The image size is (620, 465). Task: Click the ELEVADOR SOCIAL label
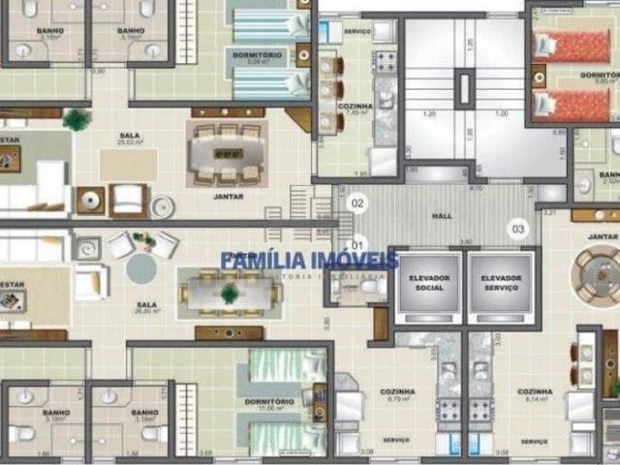click(428, 284)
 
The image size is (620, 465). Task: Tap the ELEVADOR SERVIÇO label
click(500, 284)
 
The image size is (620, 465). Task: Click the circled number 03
click(519, 230)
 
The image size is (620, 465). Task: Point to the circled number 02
click(357, 203)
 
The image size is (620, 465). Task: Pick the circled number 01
click(357, 242)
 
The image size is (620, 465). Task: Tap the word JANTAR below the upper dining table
click(229, 197)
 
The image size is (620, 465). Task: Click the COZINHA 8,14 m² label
click(535, 395)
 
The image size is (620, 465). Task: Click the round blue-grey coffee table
click(140, 267)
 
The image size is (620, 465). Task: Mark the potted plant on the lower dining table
click(231, 293)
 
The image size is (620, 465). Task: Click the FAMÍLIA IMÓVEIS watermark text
click(309, 260)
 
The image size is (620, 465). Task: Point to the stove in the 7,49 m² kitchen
click(385, 63)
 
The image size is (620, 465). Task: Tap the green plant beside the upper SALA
click(76, 120)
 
